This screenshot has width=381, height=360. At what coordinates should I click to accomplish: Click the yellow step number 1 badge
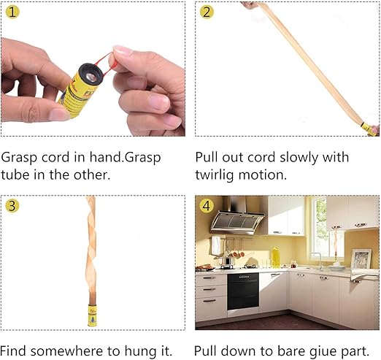12,12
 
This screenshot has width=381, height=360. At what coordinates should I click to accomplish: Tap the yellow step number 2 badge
207,12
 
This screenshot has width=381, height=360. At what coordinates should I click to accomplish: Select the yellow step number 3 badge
12,206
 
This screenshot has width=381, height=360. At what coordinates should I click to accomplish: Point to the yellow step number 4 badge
207,206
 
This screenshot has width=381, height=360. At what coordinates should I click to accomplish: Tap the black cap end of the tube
91,74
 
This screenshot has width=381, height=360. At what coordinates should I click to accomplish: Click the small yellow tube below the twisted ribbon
92,315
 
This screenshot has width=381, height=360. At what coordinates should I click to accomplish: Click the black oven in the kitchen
243,291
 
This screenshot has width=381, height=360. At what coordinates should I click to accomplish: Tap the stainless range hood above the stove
237,216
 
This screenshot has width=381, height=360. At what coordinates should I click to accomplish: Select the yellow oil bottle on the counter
275,257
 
